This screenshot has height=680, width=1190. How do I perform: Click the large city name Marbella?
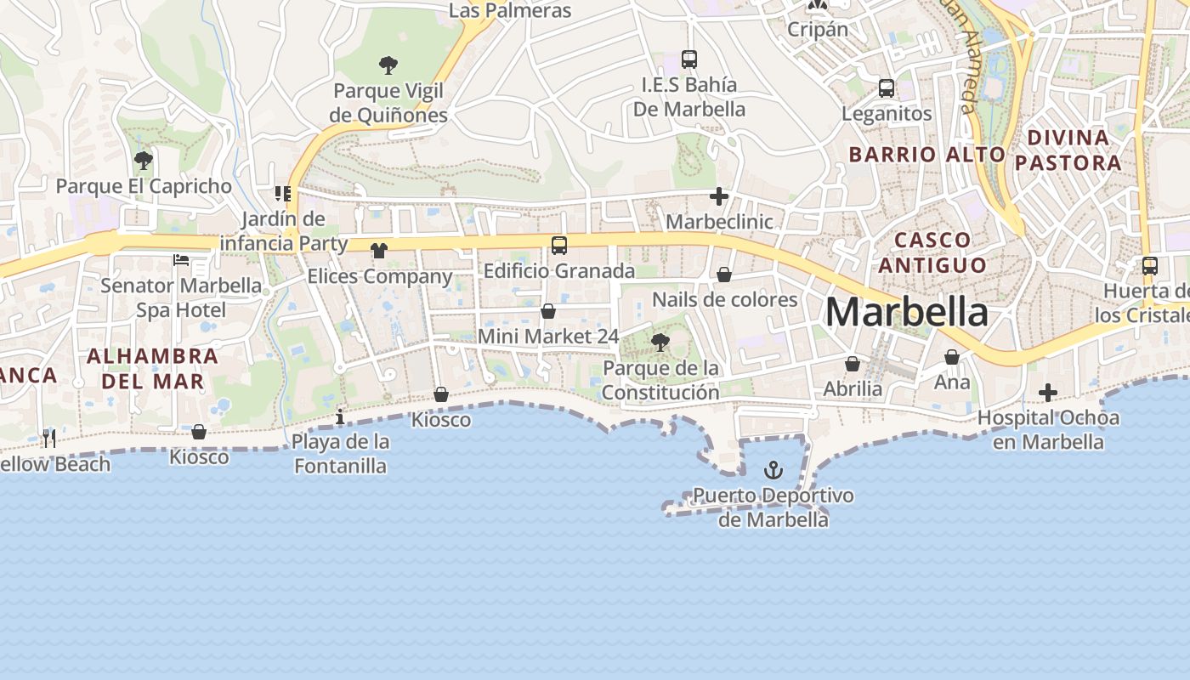[906, 312]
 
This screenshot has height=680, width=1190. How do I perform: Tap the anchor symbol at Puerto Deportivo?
[773, 469]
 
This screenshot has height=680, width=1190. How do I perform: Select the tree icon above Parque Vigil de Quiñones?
[388, 65]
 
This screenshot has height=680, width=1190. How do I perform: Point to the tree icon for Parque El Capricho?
[144, 160]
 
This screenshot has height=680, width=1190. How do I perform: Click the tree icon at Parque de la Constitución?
[660, 343]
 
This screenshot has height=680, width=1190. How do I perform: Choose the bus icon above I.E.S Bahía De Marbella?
[689, 59]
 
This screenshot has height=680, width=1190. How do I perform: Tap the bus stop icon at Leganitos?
[887, 88]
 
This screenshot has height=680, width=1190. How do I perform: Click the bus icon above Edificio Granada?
[559, 246]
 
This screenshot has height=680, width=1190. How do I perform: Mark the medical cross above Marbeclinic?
[719, 197]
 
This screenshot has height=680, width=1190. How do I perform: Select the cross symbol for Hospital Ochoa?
[1048, 393]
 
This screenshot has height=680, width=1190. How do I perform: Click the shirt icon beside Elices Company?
[379, 250]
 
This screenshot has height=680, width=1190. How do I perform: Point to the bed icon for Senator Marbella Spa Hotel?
[181, 259]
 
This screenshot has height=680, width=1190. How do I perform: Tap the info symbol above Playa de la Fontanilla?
[340, 416]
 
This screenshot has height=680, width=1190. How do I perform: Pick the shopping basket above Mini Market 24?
[548, 311]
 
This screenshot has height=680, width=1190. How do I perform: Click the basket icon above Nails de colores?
[724, 275]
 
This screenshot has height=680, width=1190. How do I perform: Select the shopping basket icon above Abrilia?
[853, 364]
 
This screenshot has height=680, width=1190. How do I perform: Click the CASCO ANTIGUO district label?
[932, 252]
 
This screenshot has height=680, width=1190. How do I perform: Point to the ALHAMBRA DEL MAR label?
[153, 368]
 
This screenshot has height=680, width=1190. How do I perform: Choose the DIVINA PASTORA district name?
[1068, 150]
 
